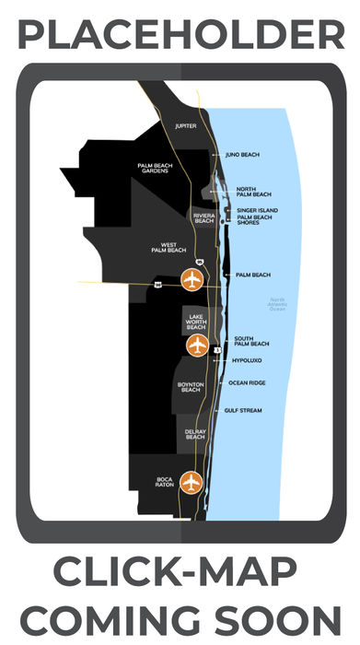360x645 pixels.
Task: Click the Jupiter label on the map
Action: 186,125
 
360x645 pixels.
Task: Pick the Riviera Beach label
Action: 203,217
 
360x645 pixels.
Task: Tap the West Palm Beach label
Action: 168,247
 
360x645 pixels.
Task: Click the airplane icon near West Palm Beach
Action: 192,277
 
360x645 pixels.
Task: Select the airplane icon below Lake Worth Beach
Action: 197,345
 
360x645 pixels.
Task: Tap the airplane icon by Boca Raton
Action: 191,481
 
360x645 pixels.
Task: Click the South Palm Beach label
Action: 251,341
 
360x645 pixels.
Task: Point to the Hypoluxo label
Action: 249,361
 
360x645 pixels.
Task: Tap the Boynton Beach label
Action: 190,387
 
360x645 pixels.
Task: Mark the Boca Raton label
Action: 164,482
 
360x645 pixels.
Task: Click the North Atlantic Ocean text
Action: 278,304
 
